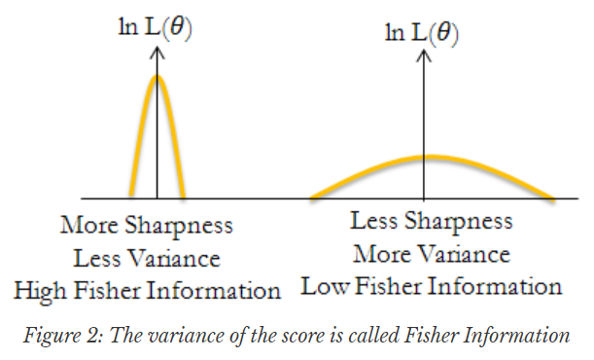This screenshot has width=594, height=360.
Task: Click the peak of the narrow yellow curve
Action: click(157, 77)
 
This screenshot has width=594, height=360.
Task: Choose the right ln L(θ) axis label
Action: click(422, 33)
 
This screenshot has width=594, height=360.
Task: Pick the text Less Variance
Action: click(146, 258)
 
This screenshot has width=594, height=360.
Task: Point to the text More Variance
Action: click(432, 254)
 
